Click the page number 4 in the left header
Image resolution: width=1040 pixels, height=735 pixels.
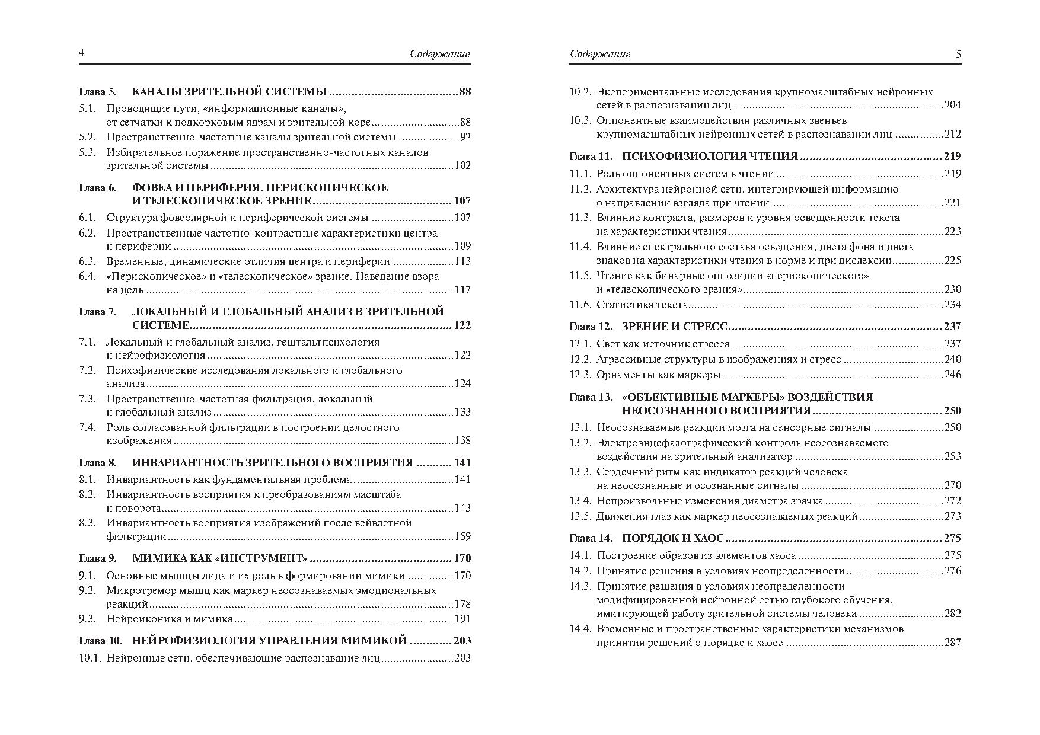(82, 53)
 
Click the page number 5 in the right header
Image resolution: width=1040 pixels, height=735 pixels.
(958, 54)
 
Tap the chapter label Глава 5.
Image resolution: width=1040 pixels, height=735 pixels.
(98, 92)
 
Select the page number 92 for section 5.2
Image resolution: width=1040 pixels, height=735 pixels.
(464, 137)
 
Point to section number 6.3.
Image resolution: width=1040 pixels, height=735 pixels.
(87, 261)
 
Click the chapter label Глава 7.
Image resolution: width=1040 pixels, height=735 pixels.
(98, 312)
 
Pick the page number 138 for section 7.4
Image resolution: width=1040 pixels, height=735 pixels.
(462, 440)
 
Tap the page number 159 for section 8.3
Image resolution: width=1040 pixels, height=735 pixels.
(462, 536)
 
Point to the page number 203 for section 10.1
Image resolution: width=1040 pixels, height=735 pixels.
(462, 657)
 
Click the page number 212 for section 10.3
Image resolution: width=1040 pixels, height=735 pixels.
(952, 134)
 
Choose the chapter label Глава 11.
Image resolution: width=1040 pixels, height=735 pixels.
(590, 156)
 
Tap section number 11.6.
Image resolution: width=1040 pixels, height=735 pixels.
(580, 305)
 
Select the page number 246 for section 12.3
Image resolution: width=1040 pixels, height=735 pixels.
(952, 375)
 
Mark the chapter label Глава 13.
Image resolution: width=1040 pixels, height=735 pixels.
(590, 397)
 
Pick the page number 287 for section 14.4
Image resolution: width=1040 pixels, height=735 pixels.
(952, 643)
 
